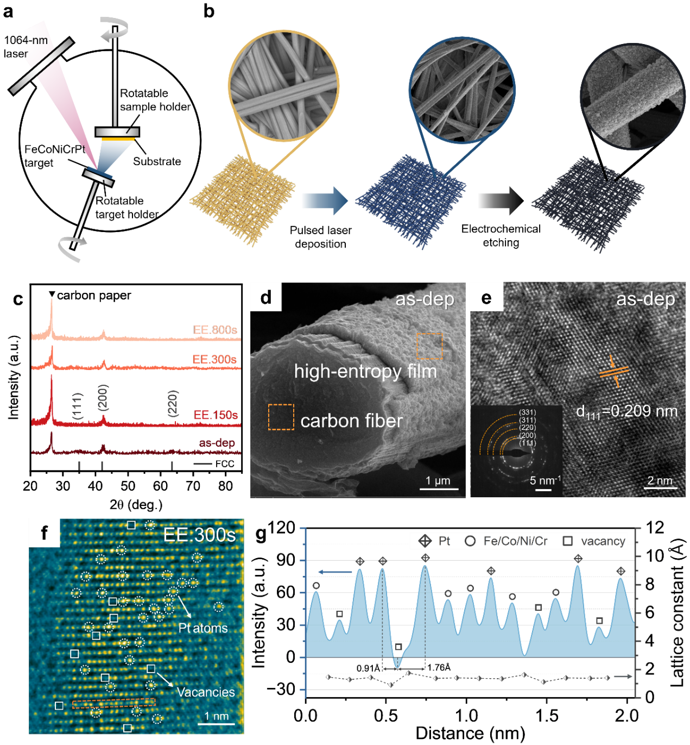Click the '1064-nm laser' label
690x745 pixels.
point(26,47)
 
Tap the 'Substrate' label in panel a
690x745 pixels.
point(157,161)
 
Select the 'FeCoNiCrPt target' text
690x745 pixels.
point(55,156)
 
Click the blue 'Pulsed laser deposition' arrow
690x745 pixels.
point(325,201)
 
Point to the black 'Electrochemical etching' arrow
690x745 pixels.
point(501,201)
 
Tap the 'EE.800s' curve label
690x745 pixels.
point(215,329)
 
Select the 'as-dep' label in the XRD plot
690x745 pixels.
point(217,443)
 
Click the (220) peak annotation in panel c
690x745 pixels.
point(173,403)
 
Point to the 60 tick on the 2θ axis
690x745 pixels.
point(160,486)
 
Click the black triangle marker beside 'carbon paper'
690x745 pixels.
point(52,294)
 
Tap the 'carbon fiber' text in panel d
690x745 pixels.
point(351,421)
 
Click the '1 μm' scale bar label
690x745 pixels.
point(438,480)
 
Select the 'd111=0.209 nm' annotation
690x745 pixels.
point(626,412)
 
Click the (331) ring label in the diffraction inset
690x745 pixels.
point(527,412)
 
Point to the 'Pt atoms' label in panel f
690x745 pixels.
point(202,628)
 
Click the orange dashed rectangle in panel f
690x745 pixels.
point(113,703)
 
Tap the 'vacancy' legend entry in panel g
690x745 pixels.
point(594,541)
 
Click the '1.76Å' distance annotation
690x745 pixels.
point(439,667)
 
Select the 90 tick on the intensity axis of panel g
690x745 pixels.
point(286,560)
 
